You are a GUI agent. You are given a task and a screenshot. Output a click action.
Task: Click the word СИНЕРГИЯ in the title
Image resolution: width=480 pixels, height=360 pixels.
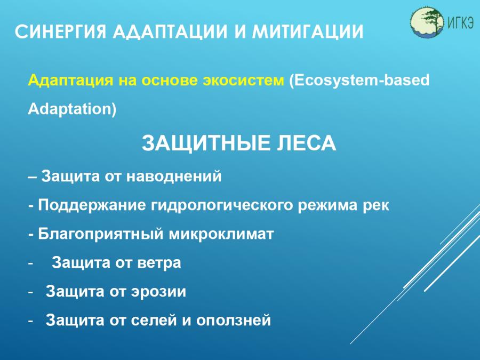click(x=60, y=31)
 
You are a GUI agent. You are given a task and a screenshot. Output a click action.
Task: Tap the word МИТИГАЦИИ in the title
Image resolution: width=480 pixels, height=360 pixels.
click(x=308, y=31)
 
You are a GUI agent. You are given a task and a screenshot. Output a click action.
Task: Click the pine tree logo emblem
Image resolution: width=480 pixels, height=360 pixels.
click(x=427, y=22)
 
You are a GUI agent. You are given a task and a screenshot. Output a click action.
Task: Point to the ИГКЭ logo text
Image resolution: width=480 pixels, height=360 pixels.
click(x=460, y=22)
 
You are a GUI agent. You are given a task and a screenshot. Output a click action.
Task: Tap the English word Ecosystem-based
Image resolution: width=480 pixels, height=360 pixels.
click(x=359, y=81)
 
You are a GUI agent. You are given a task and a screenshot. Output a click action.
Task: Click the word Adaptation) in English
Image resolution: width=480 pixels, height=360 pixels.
click(x=72, y=109)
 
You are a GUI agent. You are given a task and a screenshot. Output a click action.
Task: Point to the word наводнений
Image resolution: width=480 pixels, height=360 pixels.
click(x=174, y=177)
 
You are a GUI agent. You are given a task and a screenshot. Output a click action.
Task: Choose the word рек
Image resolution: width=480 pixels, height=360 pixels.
click(x=376, y=206)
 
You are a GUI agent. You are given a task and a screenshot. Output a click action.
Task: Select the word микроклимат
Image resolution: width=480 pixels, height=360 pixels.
click(x=221, y=235)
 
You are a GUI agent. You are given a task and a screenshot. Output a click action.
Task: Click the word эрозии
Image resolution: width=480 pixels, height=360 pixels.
click(x=159, y=292)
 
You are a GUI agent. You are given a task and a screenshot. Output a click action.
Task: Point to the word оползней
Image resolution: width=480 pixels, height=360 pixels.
click(x=234, y=321)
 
